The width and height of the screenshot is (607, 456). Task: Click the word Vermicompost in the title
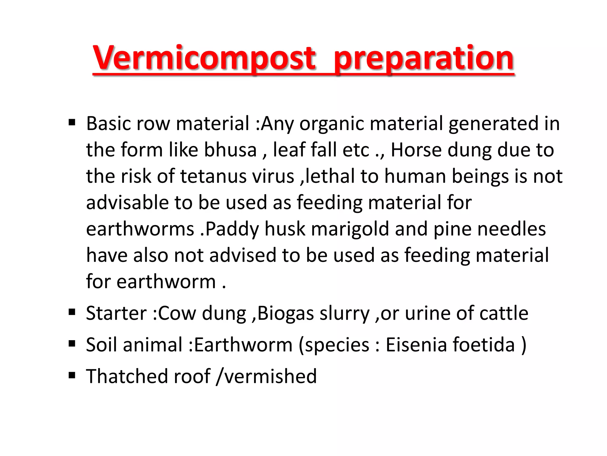click(x=205, y=58)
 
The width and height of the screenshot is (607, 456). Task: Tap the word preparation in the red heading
click(x=424, y=58)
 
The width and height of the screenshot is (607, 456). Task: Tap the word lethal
click(x=330, y=176)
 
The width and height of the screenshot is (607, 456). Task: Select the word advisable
click(x=127, y=202)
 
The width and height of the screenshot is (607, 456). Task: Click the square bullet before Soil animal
click(x=72, y=344)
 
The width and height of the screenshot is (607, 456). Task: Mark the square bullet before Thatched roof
click(x=72, y=375)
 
